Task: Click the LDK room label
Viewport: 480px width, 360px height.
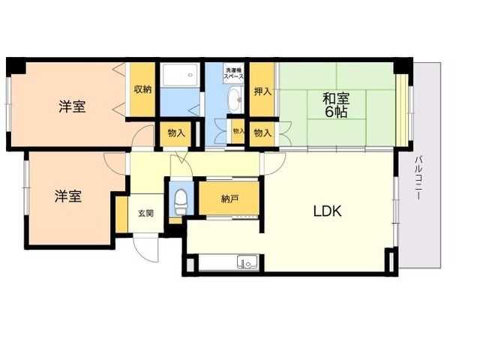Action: pos(327,211)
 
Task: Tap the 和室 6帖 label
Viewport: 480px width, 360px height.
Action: pos(336,105)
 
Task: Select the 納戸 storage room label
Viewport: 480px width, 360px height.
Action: pos(229,199)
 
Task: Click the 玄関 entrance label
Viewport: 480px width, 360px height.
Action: pos(145,213)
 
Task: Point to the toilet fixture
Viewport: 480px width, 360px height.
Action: pos(181,201)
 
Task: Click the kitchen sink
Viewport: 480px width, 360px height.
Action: pos(248,262)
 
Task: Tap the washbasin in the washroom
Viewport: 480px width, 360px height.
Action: pos(235,99)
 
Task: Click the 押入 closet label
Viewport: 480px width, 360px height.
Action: pos(263,91)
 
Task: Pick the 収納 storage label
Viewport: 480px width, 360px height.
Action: pos(142,89)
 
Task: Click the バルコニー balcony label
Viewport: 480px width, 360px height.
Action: pos(419,178)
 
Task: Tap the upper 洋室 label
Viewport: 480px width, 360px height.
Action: pos(72,106)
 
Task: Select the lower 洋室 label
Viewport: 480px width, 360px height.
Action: pos(68,196)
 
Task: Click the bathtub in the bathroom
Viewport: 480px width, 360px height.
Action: pos(180,75)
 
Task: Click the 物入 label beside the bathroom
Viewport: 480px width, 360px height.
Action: pos(176,133)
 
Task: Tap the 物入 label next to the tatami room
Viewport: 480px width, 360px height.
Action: pos(263,133)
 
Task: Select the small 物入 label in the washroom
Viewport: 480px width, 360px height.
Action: pos(238,131)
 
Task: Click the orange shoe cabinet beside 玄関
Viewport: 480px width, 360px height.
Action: pos(121,214)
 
